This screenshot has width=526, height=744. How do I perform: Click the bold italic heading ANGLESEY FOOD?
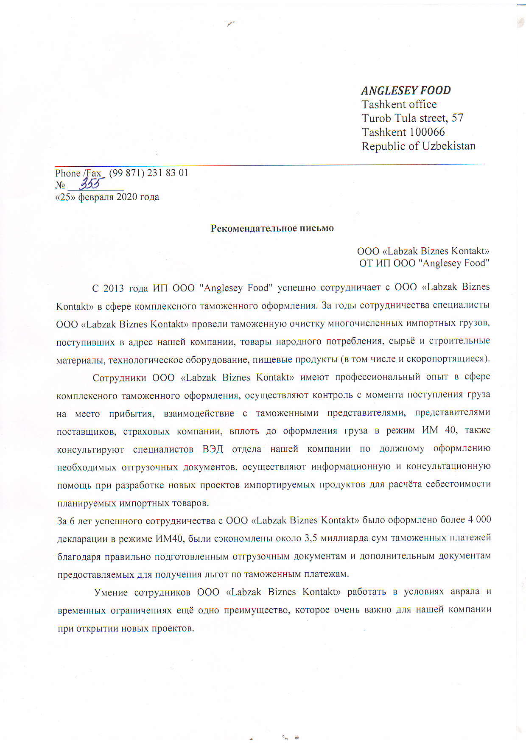[x=406, y=90]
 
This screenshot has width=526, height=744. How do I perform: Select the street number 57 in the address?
[x=457, y=118]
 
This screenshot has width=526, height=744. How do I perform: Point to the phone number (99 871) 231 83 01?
[x=148, y=173]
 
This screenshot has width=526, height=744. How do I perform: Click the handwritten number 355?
[x=92, y=184]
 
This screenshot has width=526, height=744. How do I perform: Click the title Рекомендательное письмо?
[x=272, y=228]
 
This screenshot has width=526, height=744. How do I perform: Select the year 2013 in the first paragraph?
[x=113, y=288]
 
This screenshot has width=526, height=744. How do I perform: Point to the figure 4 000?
[x=479, y=520]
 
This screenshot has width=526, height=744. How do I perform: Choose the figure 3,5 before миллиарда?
[x=311, y=538]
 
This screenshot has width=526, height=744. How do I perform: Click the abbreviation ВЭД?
[x=213, y=449]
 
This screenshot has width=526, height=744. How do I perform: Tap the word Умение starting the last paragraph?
[x=111, y=592]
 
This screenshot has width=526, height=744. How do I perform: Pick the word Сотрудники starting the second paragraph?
[x=119, y=378]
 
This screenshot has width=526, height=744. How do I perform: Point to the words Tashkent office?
[x=399, y=104]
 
